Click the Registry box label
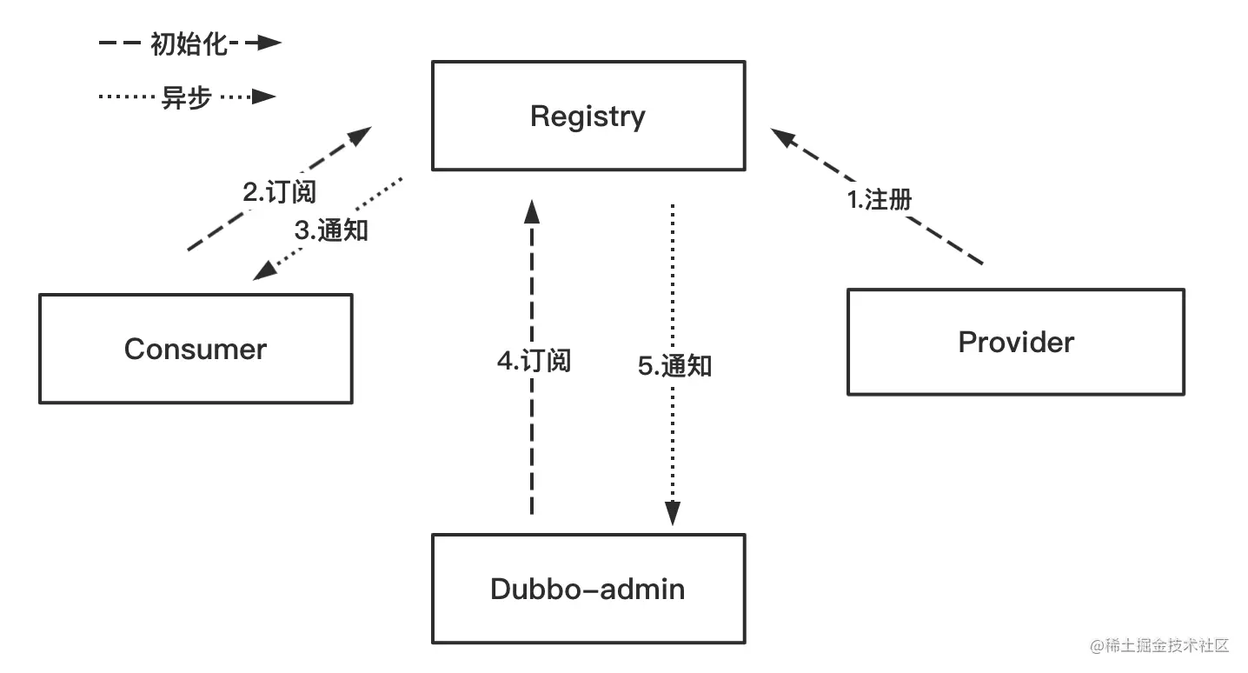[587, 117]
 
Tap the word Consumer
[196, 350]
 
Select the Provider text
[1016, 343]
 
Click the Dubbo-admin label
[587, 590]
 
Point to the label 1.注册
[880, 200]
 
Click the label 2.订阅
[280, 192]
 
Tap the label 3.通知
[331, 230]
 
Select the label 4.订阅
[534, 361]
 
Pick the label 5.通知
[674, 366]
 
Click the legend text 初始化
[189, 44]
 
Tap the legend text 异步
[187, 97]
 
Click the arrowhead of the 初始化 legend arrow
[269, 43]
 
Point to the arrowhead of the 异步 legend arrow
[264, 97]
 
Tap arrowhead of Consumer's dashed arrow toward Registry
[359, 136]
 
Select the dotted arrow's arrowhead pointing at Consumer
[265, 271]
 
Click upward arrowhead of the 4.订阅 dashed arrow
[532, 211]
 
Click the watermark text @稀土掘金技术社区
[1159, 646]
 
